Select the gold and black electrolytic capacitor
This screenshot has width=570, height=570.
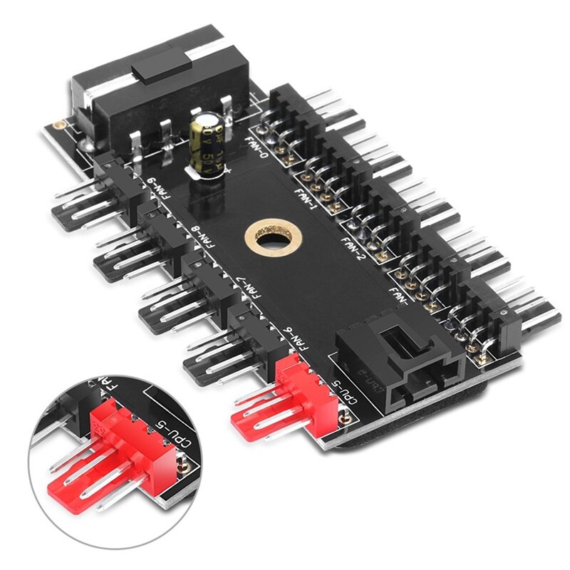click(x=209, y=146)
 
